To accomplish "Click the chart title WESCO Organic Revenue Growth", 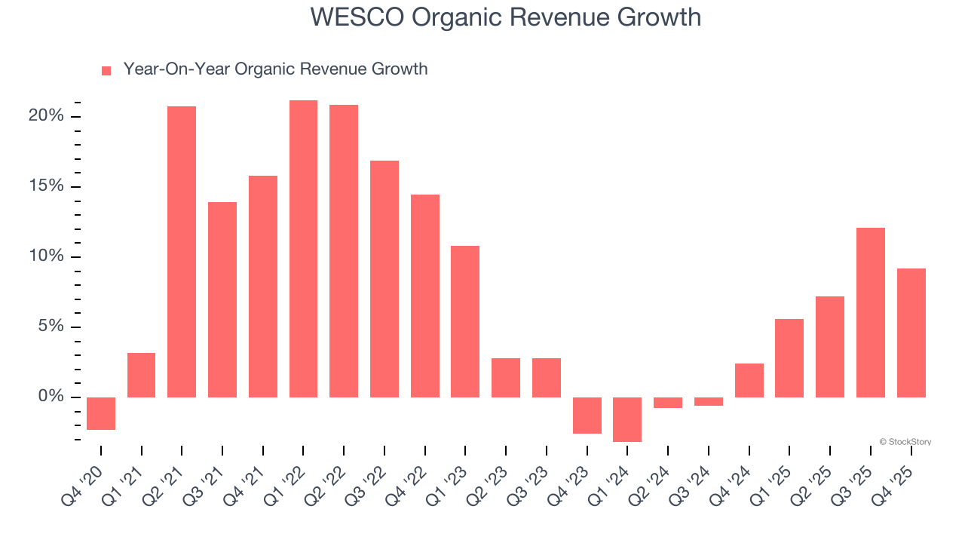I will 505,17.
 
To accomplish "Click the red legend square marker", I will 106,70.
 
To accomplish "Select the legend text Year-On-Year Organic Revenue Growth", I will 275,69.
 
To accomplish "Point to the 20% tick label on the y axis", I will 46,116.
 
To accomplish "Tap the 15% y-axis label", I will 46,186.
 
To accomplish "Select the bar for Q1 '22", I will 303,249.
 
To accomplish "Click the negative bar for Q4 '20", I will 101,413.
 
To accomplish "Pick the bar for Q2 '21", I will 182,252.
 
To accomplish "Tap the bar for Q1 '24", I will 627,419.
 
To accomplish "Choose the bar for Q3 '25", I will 871,312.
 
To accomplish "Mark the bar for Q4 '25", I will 911,333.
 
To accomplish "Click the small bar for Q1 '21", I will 141,375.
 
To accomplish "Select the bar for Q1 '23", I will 465,321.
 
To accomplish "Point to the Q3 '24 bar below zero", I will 709,401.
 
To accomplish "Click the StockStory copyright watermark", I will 905,442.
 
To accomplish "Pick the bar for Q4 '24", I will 749,380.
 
